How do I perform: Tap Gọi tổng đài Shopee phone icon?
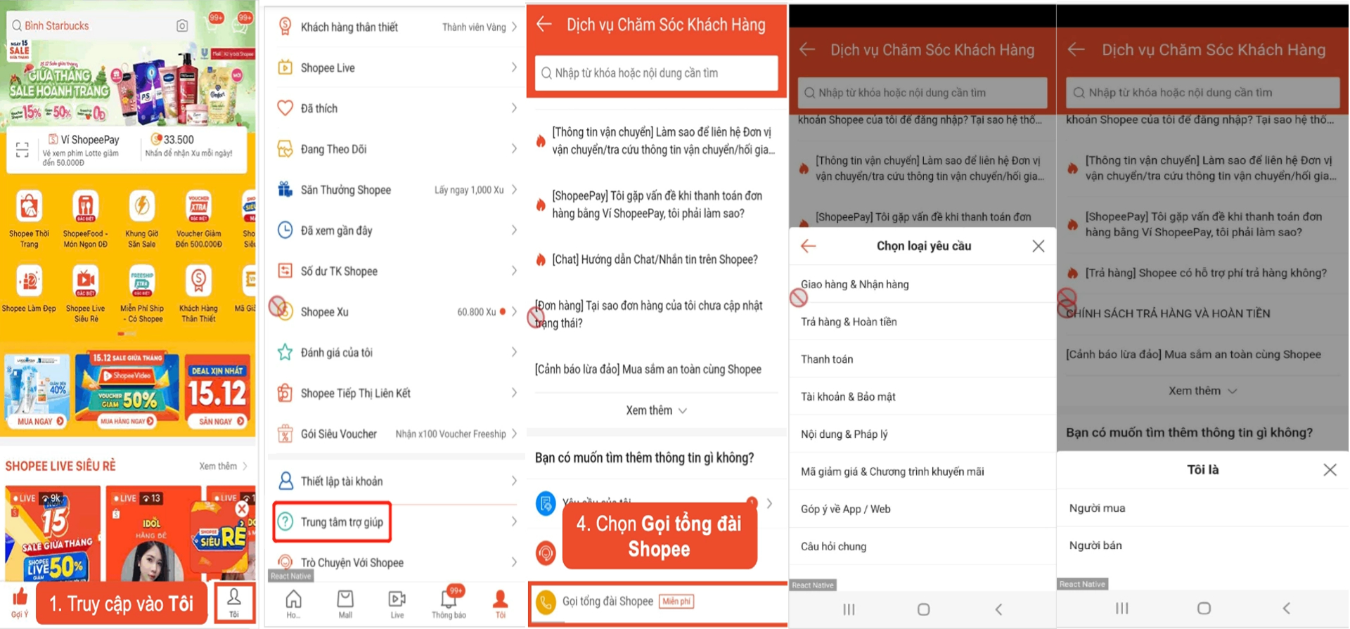click(546, 602)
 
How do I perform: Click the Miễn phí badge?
click(676, 602)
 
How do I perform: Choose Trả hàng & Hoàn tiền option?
click(849, 322)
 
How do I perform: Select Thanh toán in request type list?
click(827, 359)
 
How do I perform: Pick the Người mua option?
click(1097, 508)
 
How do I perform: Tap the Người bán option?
click(1095, 545)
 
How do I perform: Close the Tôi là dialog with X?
click(1329, 469)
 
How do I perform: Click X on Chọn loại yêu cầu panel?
click(1038, 246)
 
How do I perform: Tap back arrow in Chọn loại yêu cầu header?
click(809, 246)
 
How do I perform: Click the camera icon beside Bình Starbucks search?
click(182, 26)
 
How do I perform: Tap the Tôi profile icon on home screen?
click(233, 602)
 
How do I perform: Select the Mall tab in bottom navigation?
click(345, 603)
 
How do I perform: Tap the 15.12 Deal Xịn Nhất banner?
click(218, 391)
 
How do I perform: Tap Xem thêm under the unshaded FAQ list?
click(655, 410)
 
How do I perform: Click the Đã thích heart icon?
click(285, 108)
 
